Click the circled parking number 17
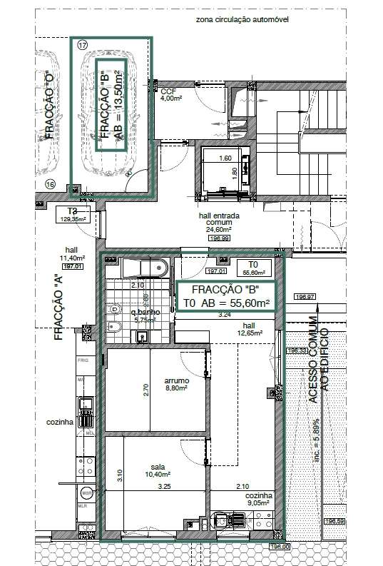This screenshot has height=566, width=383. tap(83, 44)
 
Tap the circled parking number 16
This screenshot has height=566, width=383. tap(50, 184)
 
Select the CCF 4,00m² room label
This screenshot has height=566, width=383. tap(169, 95)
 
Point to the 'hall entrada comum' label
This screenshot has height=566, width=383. tap(215, 222)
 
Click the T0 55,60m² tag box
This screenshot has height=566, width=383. tap(254, 268)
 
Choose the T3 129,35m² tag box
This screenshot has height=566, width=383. tap(72, 215)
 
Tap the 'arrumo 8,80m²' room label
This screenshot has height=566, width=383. tap(176, 384)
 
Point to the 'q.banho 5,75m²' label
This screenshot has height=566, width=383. tap(145, 316)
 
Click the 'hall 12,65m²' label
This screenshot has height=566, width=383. tap(250, 328)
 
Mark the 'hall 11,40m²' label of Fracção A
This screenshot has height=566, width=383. tap(72, 254)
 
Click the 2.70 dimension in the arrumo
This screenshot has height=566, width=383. tap(146, 390)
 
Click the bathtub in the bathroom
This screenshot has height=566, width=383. tap(145, 268)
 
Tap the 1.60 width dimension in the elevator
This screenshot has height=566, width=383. tap(225, 158)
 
